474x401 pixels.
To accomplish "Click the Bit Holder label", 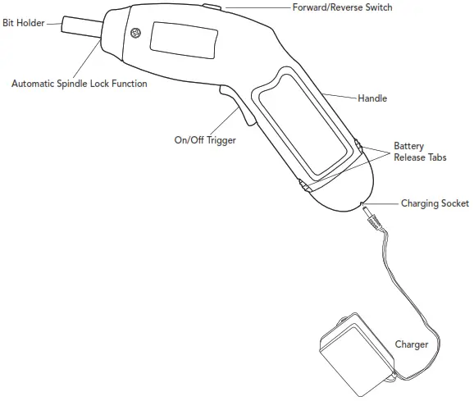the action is click(24, 23).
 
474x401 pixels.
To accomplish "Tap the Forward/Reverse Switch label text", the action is click(342, 7).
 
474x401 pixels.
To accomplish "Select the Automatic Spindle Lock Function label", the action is click(80, 84).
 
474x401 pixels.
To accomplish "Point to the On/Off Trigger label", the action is click(205, 140).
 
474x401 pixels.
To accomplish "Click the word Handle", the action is click(372, 98).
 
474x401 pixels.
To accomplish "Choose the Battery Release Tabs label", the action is click(420, 152).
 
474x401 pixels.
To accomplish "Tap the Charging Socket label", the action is click(435, 203).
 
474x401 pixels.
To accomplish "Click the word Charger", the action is click(412, 344).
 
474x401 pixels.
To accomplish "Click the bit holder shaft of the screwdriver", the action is click(82, 26).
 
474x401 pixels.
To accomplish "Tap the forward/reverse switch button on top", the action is click(212, 7).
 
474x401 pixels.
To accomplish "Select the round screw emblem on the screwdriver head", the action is click(136, 33).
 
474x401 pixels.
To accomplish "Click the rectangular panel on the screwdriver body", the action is click(184, 40).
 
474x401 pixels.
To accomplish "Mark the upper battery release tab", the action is click(358, 145).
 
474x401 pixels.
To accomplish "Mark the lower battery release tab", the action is click(304, 185).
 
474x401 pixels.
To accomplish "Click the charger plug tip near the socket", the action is click(366, 209).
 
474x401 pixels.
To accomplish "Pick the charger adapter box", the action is click(358, 354).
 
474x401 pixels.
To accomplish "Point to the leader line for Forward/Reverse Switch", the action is click(258, 7).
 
